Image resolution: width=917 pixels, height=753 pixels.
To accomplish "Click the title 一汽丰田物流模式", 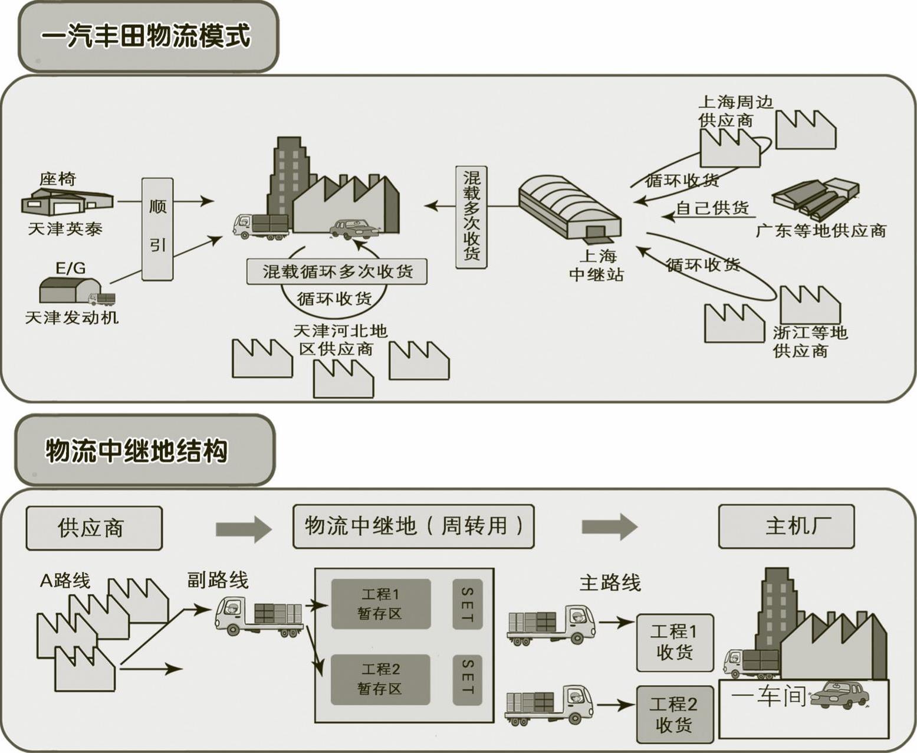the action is pos(146,35).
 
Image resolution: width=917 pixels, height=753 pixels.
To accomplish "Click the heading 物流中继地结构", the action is pos(137,451).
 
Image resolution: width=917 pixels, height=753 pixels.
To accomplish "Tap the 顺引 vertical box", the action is pos(157,229).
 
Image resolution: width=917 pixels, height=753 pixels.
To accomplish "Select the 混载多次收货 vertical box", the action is pos(471,217).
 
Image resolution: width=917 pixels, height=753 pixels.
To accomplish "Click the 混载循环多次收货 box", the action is pos(337,272).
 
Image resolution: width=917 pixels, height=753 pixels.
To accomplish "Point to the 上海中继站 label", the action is pos(597,266).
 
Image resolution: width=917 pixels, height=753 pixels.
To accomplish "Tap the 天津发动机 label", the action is pos(72,317).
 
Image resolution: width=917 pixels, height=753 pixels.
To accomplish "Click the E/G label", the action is pos(70,268).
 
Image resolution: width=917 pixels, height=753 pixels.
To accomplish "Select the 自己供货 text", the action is pos(712,208).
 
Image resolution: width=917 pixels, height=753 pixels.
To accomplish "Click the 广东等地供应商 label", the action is pos(821,231).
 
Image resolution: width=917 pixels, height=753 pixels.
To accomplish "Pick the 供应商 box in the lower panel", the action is pos(94,528).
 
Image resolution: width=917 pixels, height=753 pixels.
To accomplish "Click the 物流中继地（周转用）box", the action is pos(413,526).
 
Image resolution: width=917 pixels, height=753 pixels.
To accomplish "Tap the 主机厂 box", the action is pos(787,526).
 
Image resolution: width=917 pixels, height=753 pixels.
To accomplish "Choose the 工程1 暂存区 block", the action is pos(381,604).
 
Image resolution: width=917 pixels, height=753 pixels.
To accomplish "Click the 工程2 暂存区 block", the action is pos(380,679).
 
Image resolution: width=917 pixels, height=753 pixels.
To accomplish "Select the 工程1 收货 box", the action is pos(675,643).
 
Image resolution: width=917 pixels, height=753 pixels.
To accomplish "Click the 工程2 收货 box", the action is pos(675,715).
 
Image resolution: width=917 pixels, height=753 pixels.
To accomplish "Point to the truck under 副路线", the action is pos(259,616).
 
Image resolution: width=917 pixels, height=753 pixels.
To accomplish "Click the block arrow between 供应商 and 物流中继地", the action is pos(244,529).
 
